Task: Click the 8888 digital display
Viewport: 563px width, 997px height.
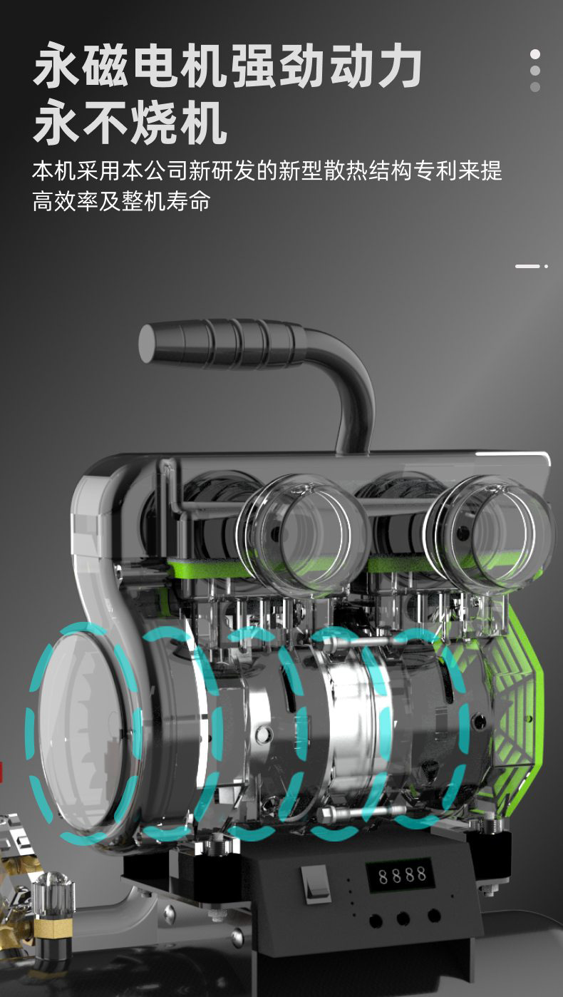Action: (401, 876)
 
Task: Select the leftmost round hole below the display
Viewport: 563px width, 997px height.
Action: (376, 919)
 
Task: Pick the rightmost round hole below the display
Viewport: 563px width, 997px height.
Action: (433, 915)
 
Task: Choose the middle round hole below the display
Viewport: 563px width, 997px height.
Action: (403, 917)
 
